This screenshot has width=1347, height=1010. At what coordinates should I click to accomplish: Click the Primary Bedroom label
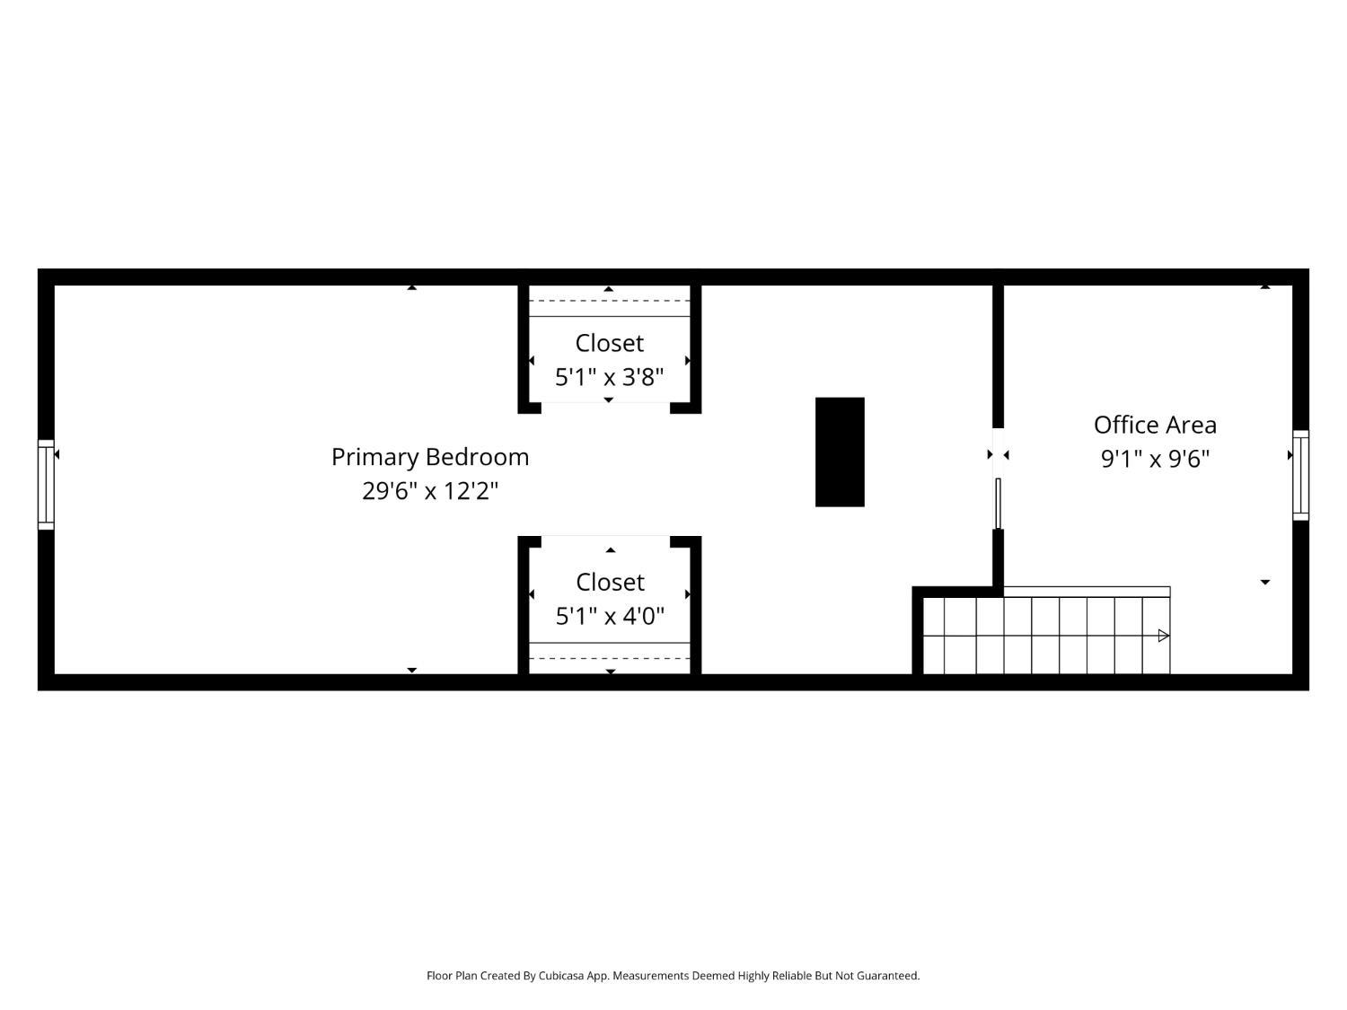(429, 458)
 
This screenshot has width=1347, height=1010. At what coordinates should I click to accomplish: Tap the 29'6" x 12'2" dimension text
(429, 491)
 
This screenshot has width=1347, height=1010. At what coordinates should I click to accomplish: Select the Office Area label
(1154, 425)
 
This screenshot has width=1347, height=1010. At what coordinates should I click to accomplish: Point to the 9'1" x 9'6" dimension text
(1154, 459)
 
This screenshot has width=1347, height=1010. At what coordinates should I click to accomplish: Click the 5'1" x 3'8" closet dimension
(609, 377)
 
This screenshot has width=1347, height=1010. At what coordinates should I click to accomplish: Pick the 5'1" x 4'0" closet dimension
(610, 616)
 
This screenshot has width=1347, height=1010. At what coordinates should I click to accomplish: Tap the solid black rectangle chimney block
(840, 452)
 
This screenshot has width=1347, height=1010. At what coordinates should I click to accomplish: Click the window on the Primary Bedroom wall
(46, 485)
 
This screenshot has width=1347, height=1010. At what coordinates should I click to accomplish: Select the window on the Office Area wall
(1300, 475)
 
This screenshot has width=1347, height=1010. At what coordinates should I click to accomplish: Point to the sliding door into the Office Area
(999, 504)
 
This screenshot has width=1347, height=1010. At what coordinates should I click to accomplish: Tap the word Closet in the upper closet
(609, 344)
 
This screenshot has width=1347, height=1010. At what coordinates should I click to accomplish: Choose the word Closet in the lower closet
(610, 583)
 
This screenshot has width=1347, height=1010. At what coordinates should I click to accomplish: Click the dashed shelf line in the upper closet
(610, 301)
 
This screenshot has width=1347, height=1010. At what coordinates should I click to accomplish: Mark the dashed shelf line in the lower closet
(610, 659)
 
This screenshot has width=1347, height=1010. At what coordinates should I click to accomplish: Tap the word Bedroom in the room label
(477, 458)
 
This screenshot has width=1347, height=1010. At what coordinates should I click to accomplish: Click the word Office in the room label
(1122, 425)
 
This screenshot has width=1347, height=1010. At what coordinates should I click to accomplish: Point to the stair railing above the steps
(1087, 592)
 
